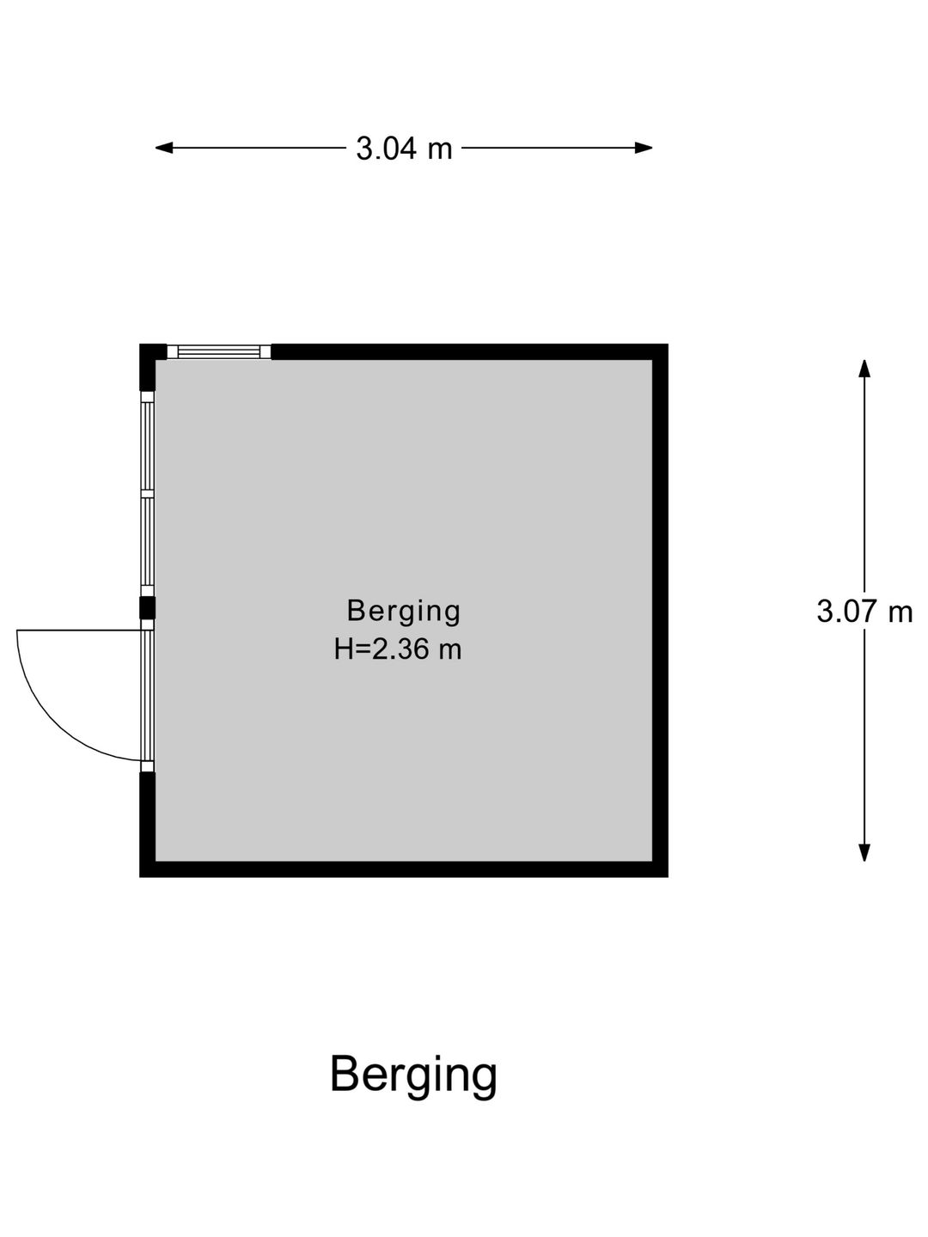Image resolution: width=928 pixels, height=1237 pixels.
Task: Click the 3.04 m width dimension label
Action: point(404,149)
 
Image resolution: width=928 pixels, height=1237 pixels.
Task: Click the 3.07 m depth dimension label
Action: point(864,611)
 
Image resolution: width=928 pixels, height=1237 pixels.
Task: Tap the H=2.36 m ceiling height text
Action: point(398,649)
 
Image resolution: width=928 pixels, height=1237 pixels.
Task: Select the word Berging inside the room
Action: point(404,612)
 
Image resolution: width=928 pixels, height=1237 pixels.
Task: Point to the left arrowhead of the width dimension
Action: point(163,149)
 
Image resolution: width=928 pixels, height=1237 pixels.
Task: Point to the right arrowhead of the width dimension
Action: point(644,149)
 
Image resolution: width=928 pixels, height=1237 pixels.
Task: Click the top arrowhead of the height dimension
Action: point(864,369)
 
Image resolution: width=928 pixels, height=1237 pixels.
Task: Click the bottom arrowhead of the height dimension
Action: point(864,853)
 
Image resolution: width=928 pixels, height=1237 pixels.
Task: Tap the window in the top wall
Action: point(219,351)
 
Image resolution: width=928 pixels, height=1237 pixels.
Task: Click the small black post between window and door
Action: point(147,609)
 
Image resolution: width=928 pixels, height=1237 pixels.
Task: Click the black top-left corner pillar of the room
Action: point(151,363)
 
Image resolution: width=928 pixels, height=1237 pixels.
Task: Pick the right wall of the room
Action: point(661,610)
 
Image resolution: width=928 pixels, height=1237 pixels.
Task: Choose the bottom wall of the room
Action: point(404,869)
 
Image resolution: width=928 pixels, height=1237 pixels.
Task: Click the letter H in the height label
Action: point(344,649)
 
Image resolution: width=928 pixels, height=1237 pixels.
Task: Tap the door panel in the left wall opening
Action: point(147,696)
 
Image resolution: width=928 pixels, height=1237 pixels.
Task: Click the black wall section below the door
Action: point(147,824)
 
